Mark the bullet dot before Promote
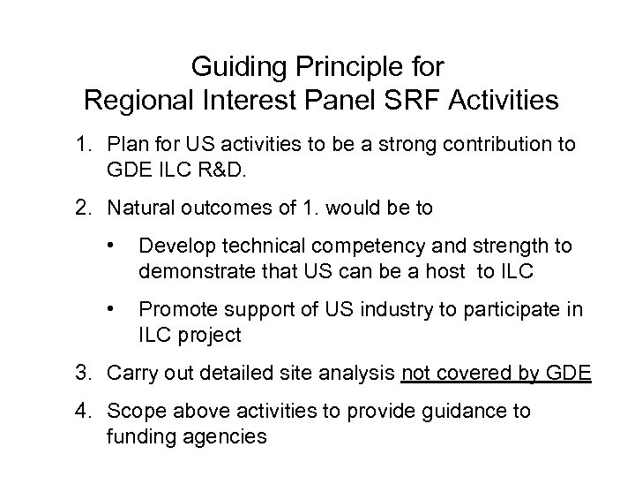pyautogui.click(x=110, y=309)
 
